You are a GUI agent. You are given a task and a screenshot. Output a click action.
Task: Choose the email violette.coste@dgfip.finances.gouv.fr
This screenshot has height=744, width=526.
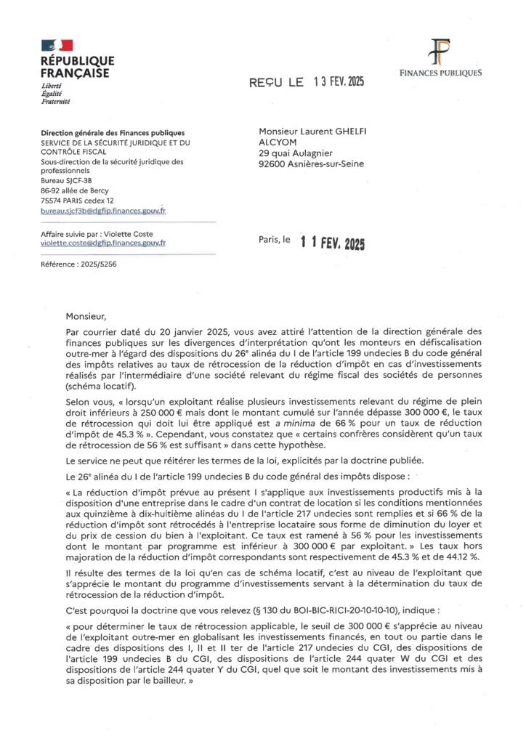pos(103,243)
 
